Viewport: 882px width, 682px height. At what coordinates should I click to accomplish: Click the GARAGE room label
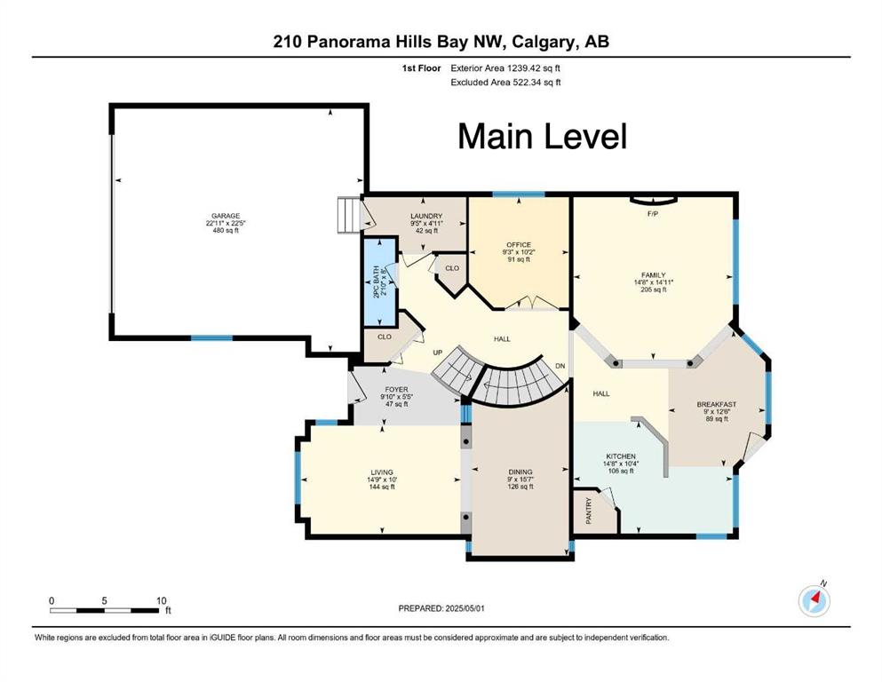tap(226, 216)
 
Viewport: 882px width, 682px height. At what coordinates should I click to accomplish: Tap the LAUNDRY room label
tap(426, 216)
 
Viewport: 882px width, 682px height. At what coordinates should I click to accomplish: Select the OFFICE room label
tap(519, 245)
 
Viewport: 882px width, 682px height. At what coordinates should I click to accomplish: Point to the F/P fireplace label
tap(653, 214)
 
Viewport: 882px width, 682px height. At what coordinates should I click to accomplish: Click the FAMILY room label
tap(653, 275)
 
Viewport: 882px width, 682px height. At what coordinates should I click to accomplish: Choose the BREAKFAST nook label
tap(717, 404)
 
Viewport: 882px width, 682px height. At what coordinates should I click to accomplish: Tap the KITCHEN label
tap(621, 456)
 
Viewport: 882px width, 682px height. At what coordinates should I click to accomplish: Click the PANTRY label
tap(589, 511)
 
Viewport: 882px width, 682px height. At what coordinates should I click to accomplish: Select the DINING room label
tap(520, 472)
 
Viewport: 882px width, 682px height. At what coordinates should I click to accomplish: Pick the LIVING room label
tap(382, 472)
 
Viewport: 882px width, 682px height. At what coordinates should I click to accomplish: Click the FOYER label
tap(396, 390)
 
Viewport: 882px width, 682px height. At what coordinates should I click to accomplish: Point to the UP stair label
tap(438, 353)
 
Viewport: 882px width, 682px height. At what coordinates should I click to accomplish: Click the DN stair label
tap(560, 366)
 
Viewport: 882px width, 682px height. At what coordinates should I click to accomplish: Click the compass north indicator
tap(814, 600)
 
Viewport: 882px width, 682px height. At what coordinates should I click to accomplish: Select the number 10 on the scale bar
tap(162, 600)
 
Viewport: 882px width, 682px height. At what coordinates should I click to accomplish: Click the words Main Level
tap(542, 137)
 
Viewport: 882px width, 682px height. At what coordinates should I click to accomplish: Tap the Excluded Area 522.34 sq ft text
tap(505, 82)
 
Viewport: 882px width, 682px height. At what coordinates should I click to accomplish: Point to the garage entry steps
tap(349, 214)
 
